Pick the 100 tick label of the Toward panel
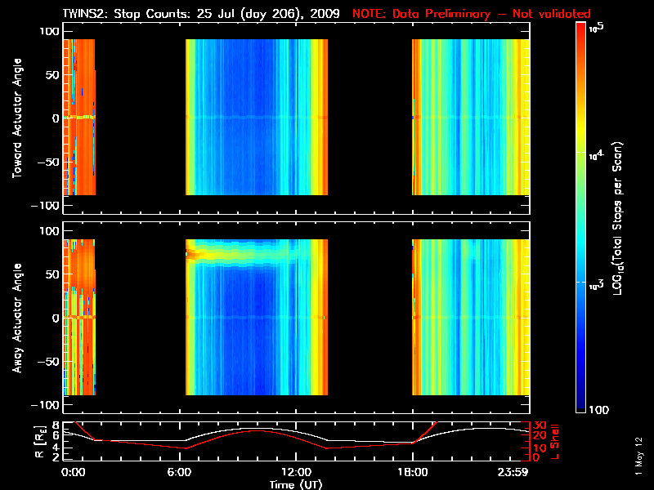coord(49,31)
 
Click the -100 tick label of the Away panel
coord(47,406)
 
